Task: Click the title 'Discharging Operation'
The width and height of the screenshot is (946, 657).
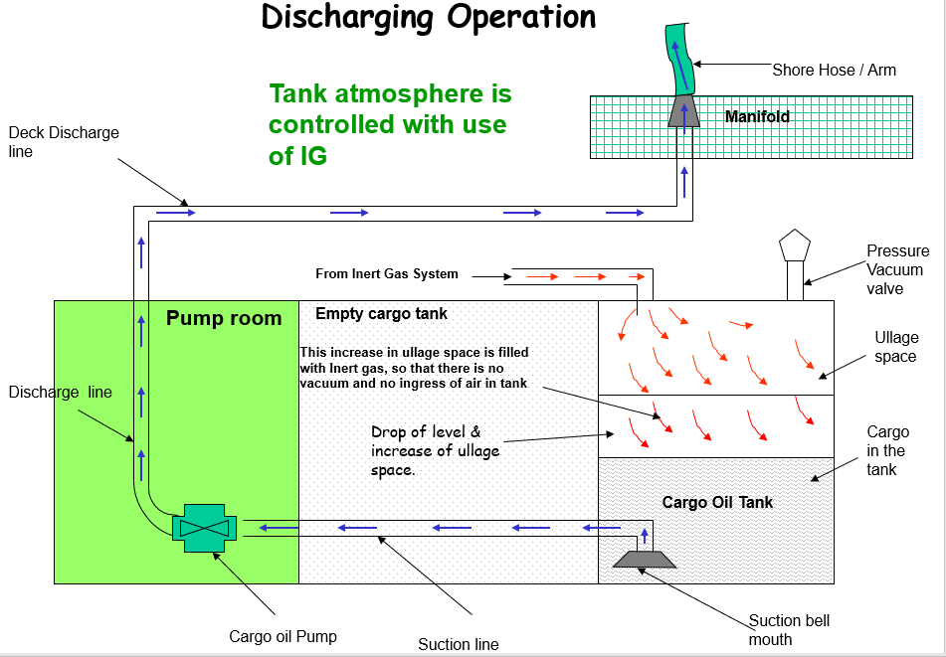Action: [429, 17]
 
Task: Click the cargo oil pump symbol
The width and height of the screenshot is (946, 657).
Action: [204, 526]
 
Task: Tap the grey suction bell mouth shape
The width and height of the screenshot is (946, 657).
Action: [644, 559]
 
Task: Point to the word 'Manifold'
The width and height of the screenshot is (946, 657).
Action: [757, 116]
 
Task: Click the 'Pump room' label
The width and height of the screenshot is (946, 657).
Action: [224, 318]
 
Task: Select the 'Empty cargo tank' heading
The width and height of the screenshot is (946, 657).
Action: [381, 314]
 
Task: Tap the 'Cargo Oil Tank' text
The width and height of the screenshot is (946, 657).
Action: [717, 502]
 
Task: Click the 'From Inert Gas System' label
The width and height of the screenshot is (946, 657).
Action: [387, 274]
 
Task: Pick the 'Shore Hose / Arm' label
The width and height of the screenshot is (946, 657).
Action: [834, 70]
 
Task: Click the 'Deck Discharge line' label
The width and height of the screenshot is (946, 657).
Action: [63, 142]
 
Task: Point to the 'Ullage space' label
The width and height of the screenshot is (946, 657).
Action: [895, 347]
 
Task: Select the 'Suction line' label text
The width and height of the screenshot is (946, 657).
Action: [458, 644]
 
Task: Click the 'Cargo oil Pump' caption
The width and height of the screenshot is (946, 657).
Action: [283, 636]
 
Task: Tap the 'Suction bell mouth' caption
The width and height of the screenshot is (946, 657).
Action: [789, 629]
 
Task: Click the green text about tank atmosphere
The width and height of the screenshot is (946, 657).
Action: [389, 124]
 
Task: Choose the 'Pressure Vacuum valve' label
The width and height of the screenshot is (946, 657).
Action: [897, 269]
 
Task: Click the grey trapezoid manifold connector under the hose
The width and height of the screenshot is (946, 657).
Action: [683, 111]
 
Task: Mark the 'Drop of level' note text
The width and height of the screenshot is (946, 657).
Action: [435, 450]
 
